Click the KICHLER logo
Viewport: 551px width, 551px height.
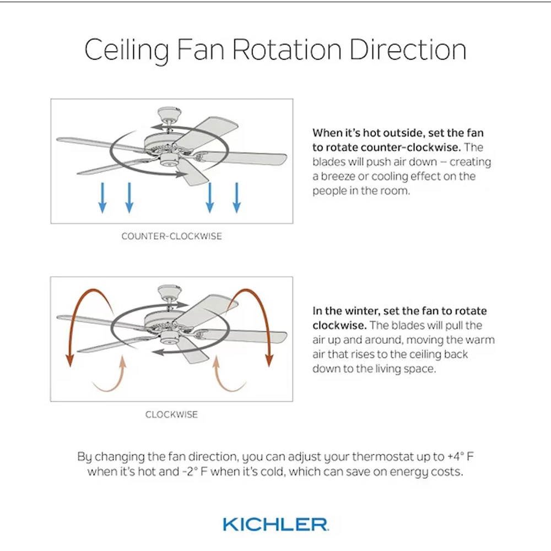tap(276, 525)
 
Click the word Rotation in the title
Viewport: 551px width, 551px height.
tap(287, 50)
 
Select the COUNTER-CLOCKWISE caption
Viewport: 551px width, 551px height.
tap(171, 236)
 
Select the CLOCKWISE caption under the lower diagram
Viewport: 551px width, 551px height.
tap(171, 415)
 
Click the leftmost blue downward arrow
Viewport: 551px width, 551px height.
tap(102, 198)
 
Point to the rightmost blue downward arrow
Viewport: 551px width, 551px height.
tap(237, 198)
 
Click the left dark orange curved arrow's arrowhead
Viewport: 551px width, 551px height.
tap(70, 361)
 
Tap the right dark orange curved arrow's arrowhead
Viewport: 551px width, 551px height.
tap(269, 361)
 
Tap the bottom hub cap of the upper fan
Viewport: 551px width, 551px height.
tap(169, 161)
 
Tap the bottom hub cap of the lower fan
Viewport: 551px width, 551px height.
tap(169, 339)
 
